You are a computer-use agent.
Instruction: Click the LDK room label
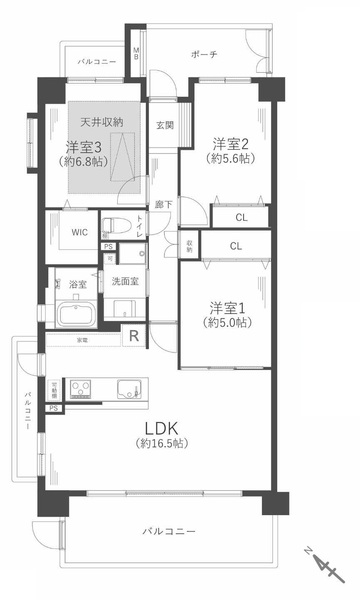[x=162, y=428]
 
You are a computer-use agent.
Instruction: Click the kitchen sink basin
[x=128, y=389]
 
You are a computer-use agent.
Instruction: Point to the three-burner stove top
[x=81, y=389]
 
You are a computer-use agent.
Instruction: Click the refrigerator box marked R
[x=134, y=335]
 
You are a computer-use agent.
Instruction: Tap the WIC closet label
[x=79, y=232]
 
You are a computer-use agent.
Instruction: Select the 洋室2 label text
[x=231, y=144]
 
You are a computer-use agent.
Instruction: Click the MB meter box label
[x=136, y=54]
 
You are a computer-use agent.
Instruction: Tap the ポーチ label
[x=204, y=54]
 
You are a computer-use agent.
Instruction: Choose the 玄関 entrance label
[x=165, y=125]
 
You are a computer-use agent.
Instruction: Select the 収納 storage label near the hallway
[x=190, y=246]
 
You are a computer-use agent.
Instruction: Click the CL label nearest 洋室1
[x=236, y=246]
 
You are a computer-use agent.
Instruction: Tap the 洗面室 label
[x=125, y=281]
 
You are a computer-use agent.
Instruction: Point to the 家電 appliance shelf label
[x=82, y=340]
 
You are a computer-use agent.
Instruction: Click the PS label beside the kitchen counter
[x=54, y=408]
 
